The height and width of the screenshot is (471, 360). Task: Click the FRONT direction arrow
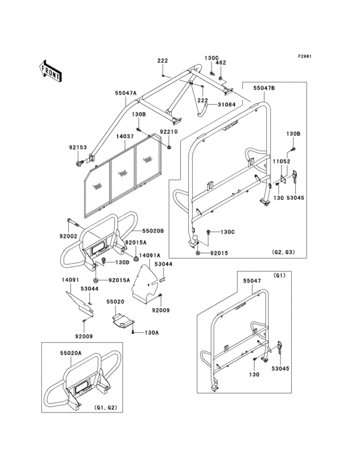[51, 69]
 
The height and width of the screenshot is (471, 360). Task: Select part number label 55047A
[126, 93]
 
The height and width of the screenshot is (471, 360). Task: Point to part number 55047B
[264, 88]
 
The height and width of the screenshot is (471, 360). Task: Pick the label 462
[221, 63]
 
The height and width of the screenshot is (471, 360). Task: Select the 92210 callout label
[168, 132]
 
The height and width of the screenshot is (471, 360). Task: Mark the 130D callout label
[122, 263]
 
